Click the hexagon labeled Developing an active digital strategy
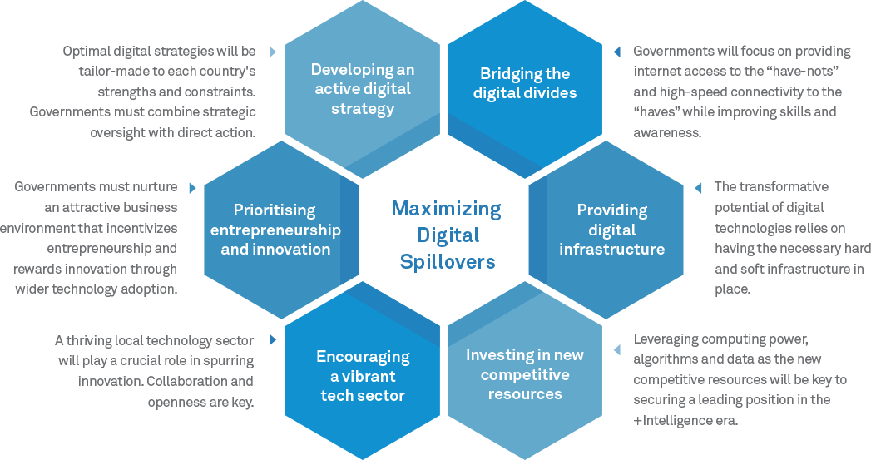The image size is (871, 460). point(363,88)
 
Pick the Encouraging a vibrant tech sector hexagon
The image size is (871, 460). point(363,373)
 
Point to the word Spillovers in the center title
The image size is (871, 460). point(447,262)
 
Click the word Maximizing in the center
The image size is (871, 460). point(447,208)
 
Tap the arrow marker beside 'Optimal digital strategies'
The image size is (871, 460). point(273,52)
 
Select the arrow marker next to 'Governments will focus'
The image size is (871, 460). point(616,52)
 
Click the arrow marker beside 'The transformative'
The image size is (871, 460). point(698,187)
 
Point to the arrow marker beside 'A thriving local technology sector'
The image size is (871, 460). point(273,340)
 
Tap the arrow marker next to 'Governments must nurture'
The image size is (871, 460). point(193,187)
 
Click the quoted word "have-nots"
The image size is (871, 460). point(809,72)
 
